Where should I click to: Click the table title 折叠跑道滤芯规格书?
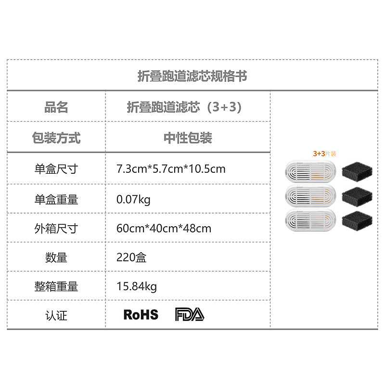pos(192,76)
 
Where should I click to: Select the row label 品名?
pos(56,107)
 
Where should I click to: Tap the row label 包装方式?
pos(56,138)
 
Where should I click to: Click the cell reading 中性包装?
pos(188,138)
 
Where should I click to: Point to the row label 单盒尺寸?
pos(56,169)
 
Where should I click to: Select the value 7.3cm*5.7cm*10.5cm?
pos(171,169)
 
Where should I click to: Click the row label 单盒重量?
pos(56,199)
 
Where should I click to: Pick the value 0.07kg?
pos(133,199)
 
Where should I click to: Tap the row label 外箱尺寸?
pos(56,228)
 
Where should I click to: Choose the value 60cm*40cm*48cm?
pos(164,228)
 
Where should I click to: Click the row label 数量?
pos(56,257)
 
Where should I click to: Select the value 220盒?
pos(131,257)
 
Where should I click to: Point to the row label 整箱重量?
pos(56,286)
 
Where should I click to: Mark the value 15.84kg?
pos(137,286)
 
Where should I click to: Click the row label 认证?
pos(56,315)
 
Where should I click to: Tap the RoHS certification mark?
pos(141,315)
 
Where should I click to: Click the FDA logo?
pos(189,315)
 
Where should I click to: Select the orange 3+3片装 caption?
pos(325,154)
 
